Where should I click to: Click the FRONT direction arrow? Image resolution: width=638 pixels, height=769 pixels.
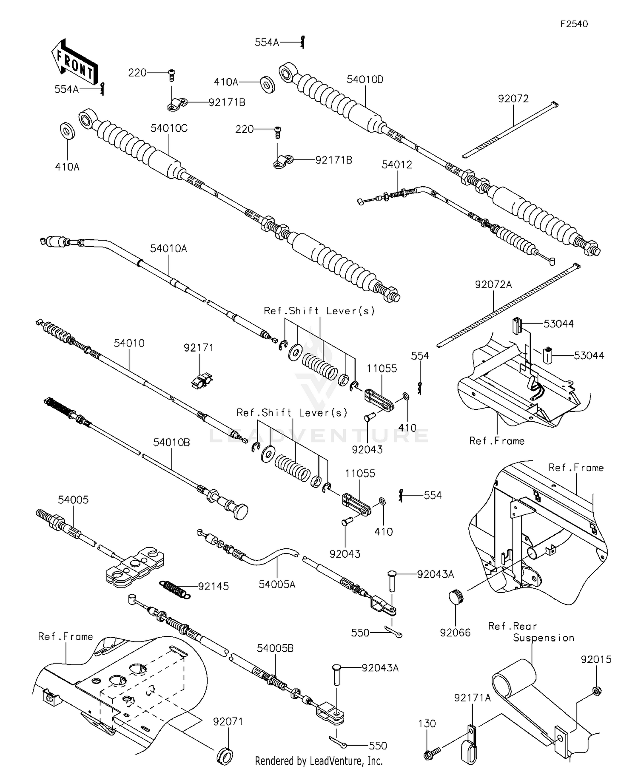click(x=75, y=63)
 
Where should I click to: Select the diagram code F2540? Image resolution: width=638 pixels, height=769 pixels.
click(x=574, y=24)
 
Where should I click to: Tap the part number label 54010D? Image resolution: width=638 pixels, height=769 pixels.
click(x=365, y=79)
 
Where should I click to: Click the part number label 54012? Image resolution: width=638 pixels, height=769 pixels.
click(x=396, y=165)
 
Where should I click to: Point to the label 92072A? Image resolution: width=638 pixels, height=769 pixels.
click(x=493, y=285)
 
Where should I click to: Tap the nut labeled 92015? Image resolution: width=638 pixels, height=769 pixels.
click(x=596, y=691)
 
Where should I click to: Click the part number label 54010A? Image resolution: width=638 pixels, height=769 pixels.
click(x=168, y=249)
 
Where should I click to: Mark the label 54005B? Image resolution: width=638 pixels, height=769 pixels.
click(x=275, y=648)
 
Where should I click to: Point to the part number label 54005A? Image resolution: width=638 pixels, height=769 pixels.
click(x=277, y=585)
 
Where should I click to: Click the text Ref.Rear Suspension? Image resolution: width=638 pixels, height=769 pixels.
click(x=531, y=632)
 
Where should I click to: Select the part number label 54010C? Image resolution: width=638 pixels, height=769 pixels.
click(x=169, y=128)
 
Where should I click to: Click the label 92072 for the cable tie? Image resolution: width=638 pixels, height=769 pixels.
click(x=513, y=99)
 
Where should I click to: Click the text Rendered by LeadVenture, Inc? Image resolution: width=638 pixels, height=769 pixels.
click(x=319, y=760)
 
